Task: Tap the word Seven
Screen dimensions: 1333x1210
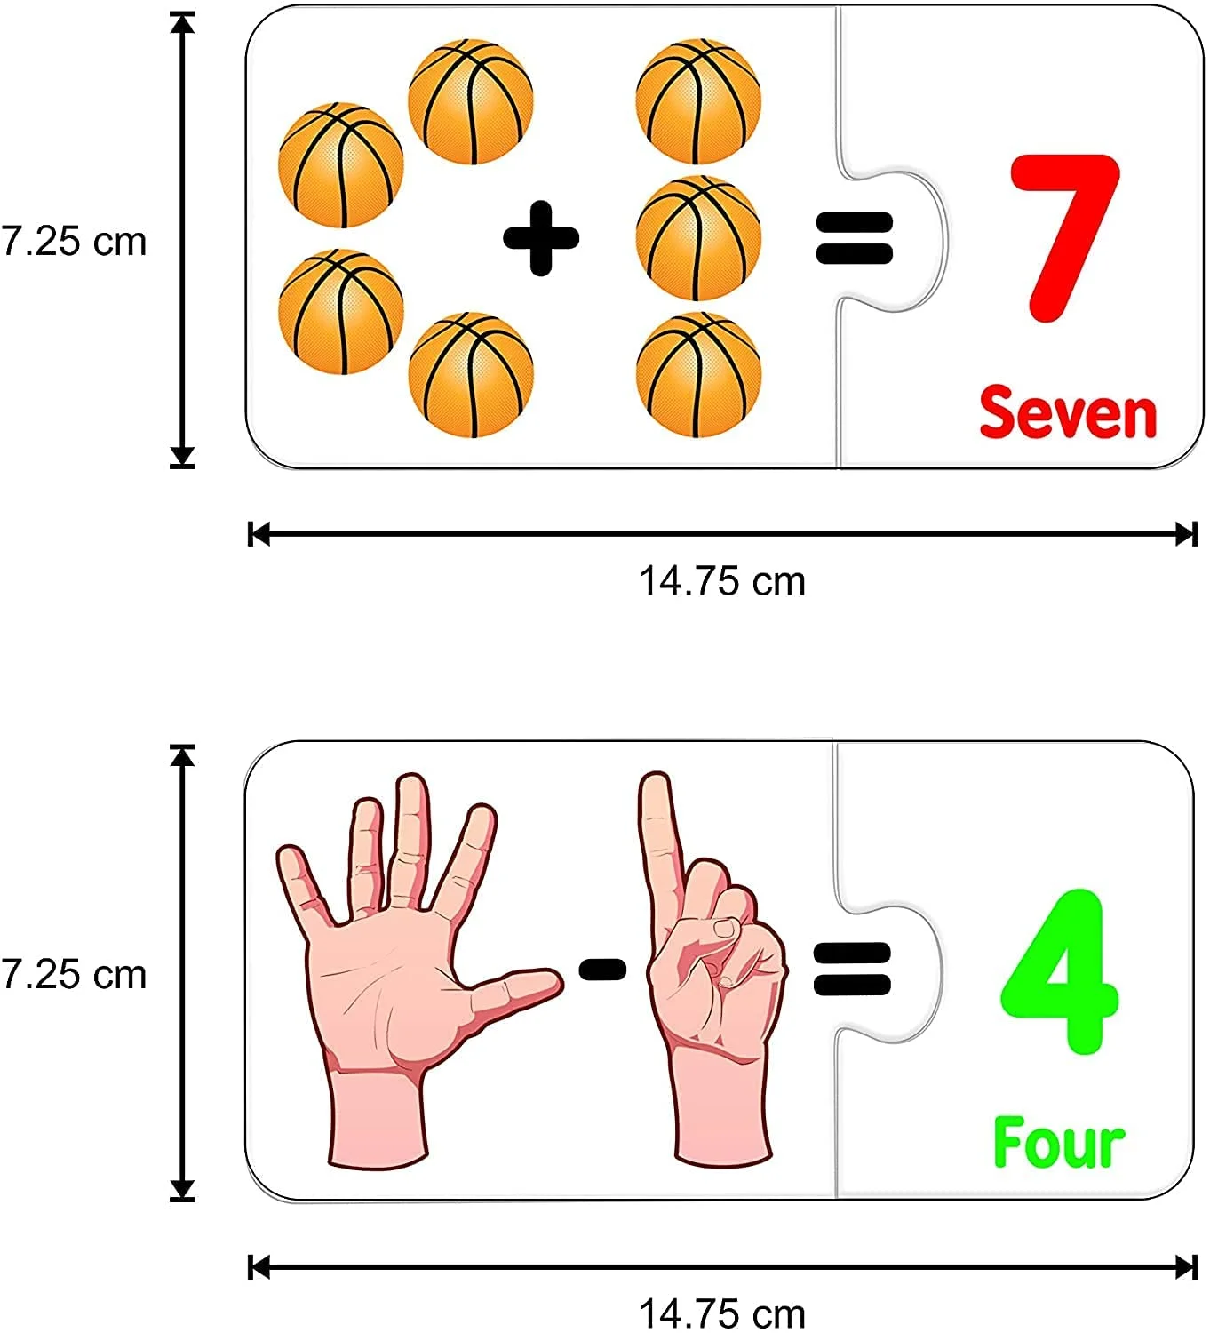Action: (x=1068, y=412)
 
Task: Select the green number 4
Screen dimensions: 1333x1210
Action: (x=1059, y=972)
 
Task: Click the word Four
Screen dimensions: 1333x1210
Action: (x=1058, y=1144)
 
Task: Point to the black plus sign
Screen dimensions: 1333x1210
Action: (x=541, y=237)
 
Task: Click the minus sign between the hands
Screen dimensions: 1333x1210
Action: (x=602, y=970)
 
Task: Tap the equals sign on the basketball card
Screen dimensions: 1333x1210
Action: (x=854, y=237)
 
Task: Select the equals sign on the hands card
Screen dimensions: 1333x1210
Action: (x=851, y=969)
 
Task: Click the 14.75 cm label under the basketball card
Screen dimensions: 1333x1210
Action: (x=721, y=582)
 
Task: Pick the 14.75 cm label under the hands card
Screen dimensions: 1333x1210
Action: (x=721, y=1313)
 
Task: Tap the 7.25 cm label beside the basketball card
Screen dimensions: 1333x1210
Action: (x=75, y=242)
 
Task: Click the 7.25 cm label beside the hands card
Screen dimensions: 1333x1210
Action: (x=75, y=975)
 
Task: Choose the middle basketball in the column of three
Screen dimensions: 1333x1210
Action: (x=698, y=238)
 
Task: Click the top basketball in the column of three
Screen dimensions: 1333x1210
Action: (x=698, y=101)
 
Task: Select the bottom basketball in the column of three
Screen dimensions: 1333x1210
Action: (x=698, y=375)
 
